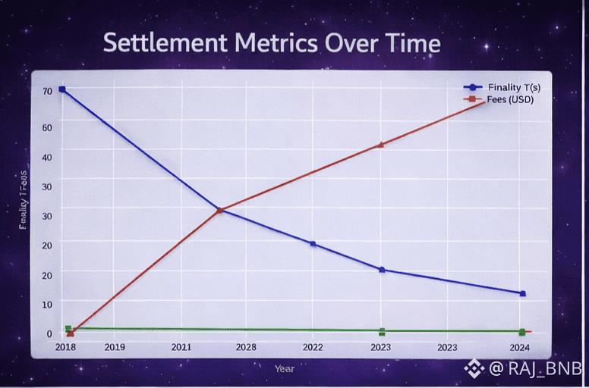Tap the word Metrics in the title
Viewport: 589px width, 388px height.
coord(271,42)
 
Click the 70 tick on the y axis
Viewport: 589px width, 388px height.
coord(47,91)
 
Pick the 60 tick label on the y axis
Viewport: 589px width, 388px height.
coord(47,127)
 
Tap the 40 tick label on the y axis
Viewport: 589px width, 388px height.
coord(47,156)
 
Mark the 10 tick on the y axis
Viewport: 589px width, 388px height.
coord(47,304)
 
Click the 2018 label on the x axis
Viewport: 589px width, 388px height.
coord(66,347)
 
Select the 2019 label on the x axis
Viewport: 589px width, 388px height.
coord(115,347)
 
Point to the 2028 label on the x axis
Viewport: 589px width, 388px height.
coord(246,347)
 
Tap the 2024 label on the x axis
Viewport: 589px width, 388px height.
coord(520,347)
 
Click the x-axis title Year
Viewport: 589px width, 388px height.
coord(285,368)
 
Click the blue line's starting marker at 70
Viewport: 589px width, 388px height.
coord(62,89)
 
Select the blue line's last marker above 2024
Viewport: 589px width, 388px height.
coord(522,293)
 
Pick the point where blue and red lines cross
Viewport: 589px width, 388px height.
coord(219,210)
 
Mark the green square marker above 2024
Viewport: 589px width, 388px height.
coord(522,332)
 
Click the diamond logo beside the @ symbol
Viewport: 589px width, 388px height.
coord(474,369)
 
